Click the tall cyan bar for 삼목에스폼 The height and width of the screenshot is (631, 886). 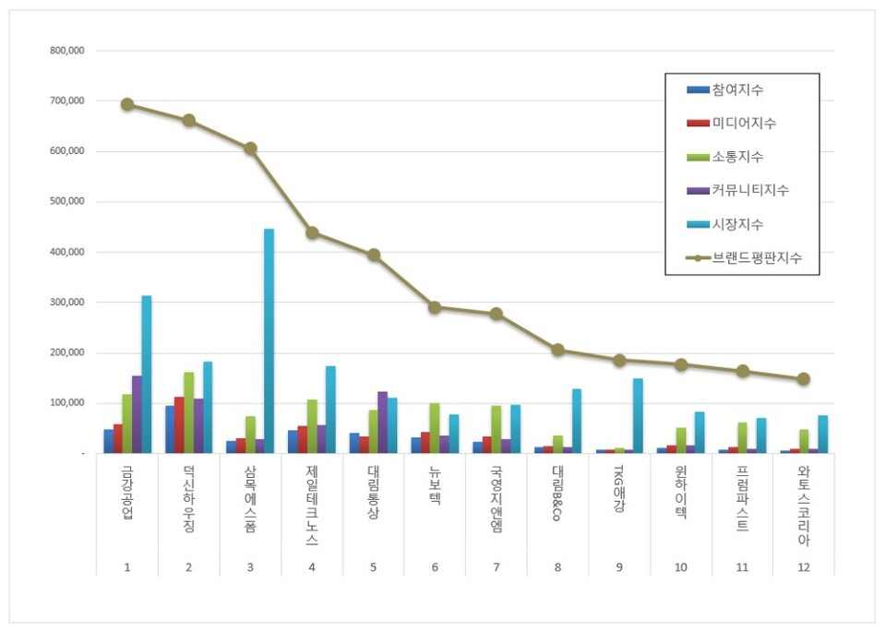(x=269, y=341)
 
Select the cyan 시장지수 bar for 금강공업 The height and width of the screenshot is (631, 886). (x=146, y=375)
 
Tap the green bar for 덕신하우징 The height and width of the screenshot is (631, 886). (x=189, y=412)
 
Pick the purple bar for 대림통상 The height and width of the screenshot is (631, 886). (x=382, y=423)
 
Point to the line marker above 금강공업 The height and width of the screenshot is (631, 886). (x=127, y=104)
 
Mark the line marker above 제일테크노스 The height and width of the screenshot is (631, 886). (x=312, y=232)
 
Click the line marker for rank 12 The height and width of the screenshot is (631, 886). (x=804, y=378)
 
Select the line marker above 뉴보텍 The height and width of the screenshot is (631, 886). (x=435, y=307)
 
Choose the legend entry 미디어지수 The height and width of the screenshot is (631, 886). (x=743, y=123)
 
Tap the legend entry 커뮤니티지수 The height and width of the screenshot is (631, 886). (x=749, y=190)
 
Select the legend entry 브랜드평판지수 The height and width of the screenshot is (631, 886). (x=756, y=258)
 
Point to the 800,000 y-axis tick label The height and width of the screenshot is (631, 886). (x=67, y=52)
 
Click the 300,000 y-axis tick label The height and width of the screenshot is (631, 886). (x=67, y=303)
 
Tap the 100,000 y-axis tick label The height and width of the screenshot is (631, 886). (x=67, y=403)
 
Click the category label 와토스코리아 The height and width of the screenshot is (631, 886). (x=804, y=506)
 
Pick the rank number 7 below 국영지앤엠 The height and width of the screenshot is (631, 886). (x=497, y=566)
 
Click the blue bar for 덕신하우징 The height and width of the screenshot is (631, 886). (x=170, y=429)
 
